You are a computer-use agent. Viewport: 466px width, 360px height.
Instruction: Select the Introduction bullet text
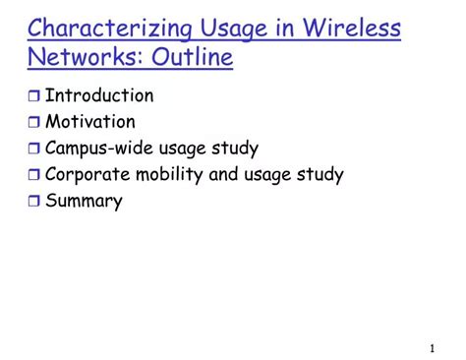[x=99, y=95]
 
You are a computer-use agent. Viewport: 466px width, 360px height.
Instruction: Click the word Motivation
[x=90, y=122]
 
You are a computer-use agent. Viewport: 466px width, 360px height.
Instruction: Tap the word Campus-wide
[x=101, y=149]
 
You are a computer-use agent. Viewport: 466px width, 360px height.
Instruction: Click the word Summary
[x=84, y=202]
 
